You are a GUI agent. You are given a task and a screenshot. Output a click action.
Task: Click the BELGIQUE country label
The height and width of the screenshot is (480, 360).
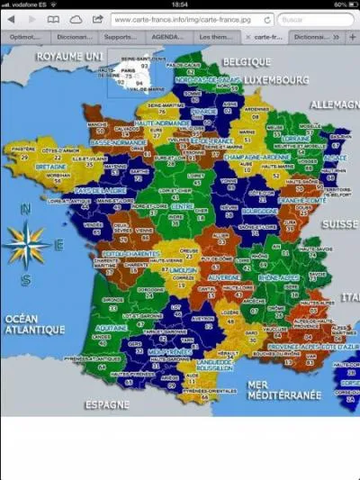[x=247, y=60]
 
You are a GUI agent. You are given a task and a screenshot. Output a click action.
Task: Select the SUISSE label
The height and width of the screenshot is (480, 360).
[x=340, y=222]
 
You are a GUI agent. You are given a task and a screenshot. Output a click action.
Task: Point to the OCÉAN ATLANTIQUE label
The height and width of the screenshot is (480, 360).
[x=33, y=323]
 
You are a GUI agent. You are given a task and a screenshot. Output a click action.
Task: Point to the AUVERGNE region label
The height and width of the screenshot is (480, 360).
[x=224, y=277]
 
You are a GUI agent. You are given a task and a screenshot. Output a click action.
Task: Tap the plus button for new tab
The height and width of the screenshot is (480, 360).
[x=352, y=37]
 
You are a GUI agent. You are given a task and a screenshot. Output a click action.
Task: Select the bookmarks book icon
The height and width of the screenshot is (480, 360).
[x=54, y=18]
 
